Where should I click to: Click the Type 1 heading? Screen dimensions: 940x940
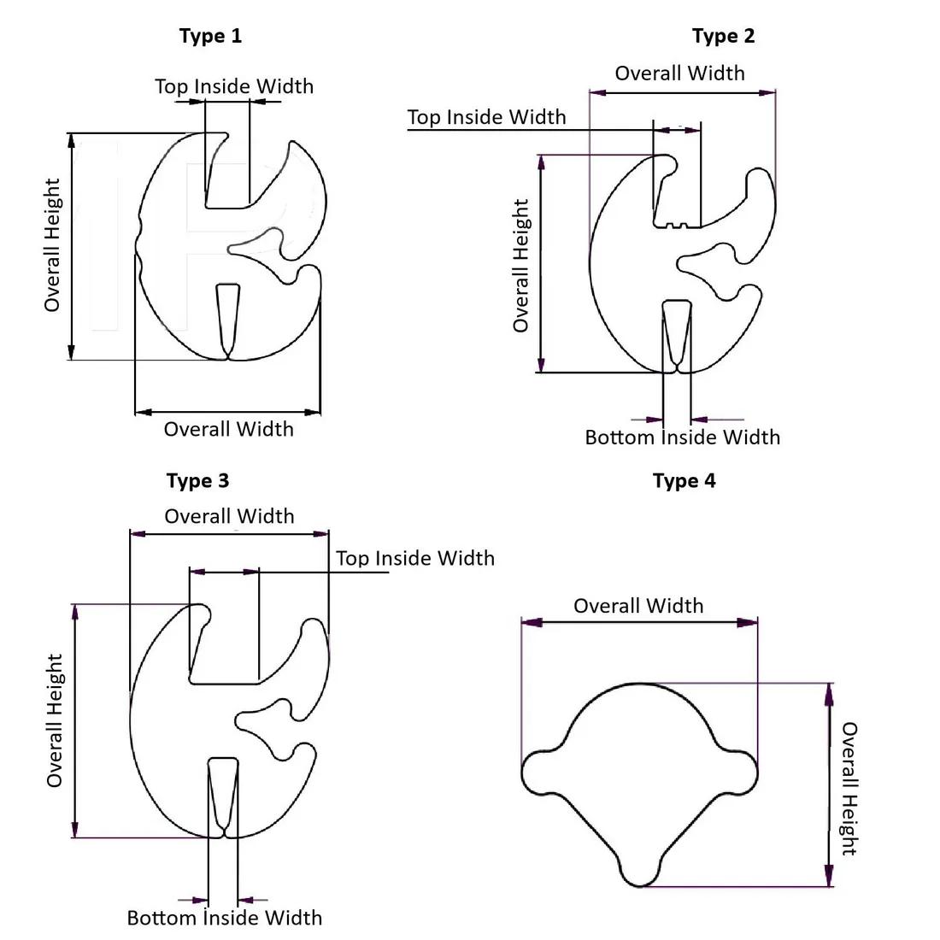pyautogui.click(x=210, y=36)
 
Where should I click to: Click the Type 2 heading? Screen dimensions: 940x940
pyautogui.click(x=723, y=36)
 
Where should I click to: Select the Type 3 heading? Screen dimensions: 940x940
pyautogui.click(x=197, y=481)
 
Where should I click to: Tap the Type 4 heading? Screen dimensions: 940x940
pyautogui.click(x=684, y=481)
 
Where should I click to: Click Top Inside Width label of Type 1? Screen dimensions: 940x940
pyautogui.click(x=233, y=86)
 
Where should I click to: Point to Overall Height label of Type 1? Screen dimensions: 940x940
pyautogui.click(x=53, y=244)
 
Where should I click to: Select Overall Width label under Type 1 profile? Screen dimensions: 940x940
pyautogui.click(x=228, y=429)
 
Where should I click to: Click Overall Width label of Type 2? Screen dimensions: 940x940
pyautogui.click(x=679, y=73)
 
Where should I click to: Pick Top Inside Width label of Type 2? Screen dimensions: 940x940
pyautogui.click(x=486, y=117)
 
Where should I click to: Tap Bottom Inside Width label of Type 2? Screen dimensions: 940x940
pyautogui.click(x=682, y=438)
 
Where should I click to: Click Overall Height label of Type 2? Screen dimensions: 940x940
pyautogui.click(x=520, y=265)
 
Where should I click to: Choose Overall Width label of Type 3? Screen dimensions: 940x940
pyautogui.click(x=229, y=516)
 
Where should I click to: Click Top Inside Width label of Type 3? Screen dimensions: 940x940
pyautogui.click(x=414, y=558)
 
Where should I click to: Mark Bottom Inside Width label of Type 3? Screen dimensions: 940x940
pyautogui.click(x=224, y=918)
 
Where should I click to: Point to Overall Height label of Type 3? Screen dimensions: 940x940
pyautogui.click(x=56, y=720)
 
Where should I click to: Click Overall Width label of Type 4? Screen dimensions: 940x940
pyautogui.click(x=638, y=606)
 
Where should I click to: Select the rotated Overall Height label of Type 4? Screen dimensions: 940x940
pyautogui.click(x=849, y=788)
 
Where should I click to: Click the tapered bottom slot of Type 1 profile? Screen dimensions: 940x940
pyautogui.click(x=227, y=316)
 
